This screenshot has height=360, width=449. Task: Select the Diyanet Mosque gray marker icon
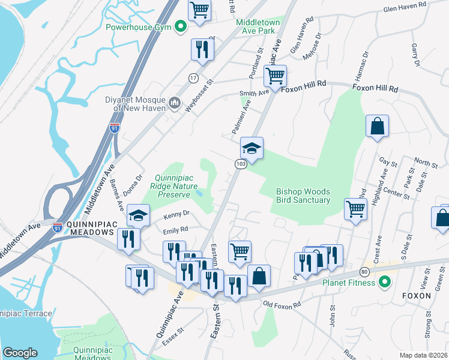click(175, 103)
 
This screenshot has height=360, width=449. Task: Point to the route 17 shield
click(193, 79)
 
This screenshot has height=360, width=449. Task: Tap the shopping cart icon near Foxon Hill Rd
click(275, 76)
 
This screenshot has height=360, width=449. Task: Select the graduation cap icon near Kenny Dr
click(139, 215)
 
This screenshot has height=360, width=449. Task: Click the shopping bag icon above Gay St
click(378, 126)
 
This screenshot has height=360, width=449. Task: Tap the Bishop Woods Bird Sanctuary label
click(303, 196)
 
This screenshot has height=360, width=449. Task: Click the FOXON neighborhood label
click(417, 296)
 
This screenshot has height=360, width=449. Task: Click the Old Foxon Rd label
click(281, 305)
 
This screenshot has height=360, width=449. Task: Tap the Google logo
click(20, 352)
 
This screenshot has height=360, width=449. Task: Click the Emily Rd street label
click(175, 229)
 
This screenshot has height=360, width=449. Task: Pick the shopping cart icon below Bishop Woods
click(355, 209)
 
